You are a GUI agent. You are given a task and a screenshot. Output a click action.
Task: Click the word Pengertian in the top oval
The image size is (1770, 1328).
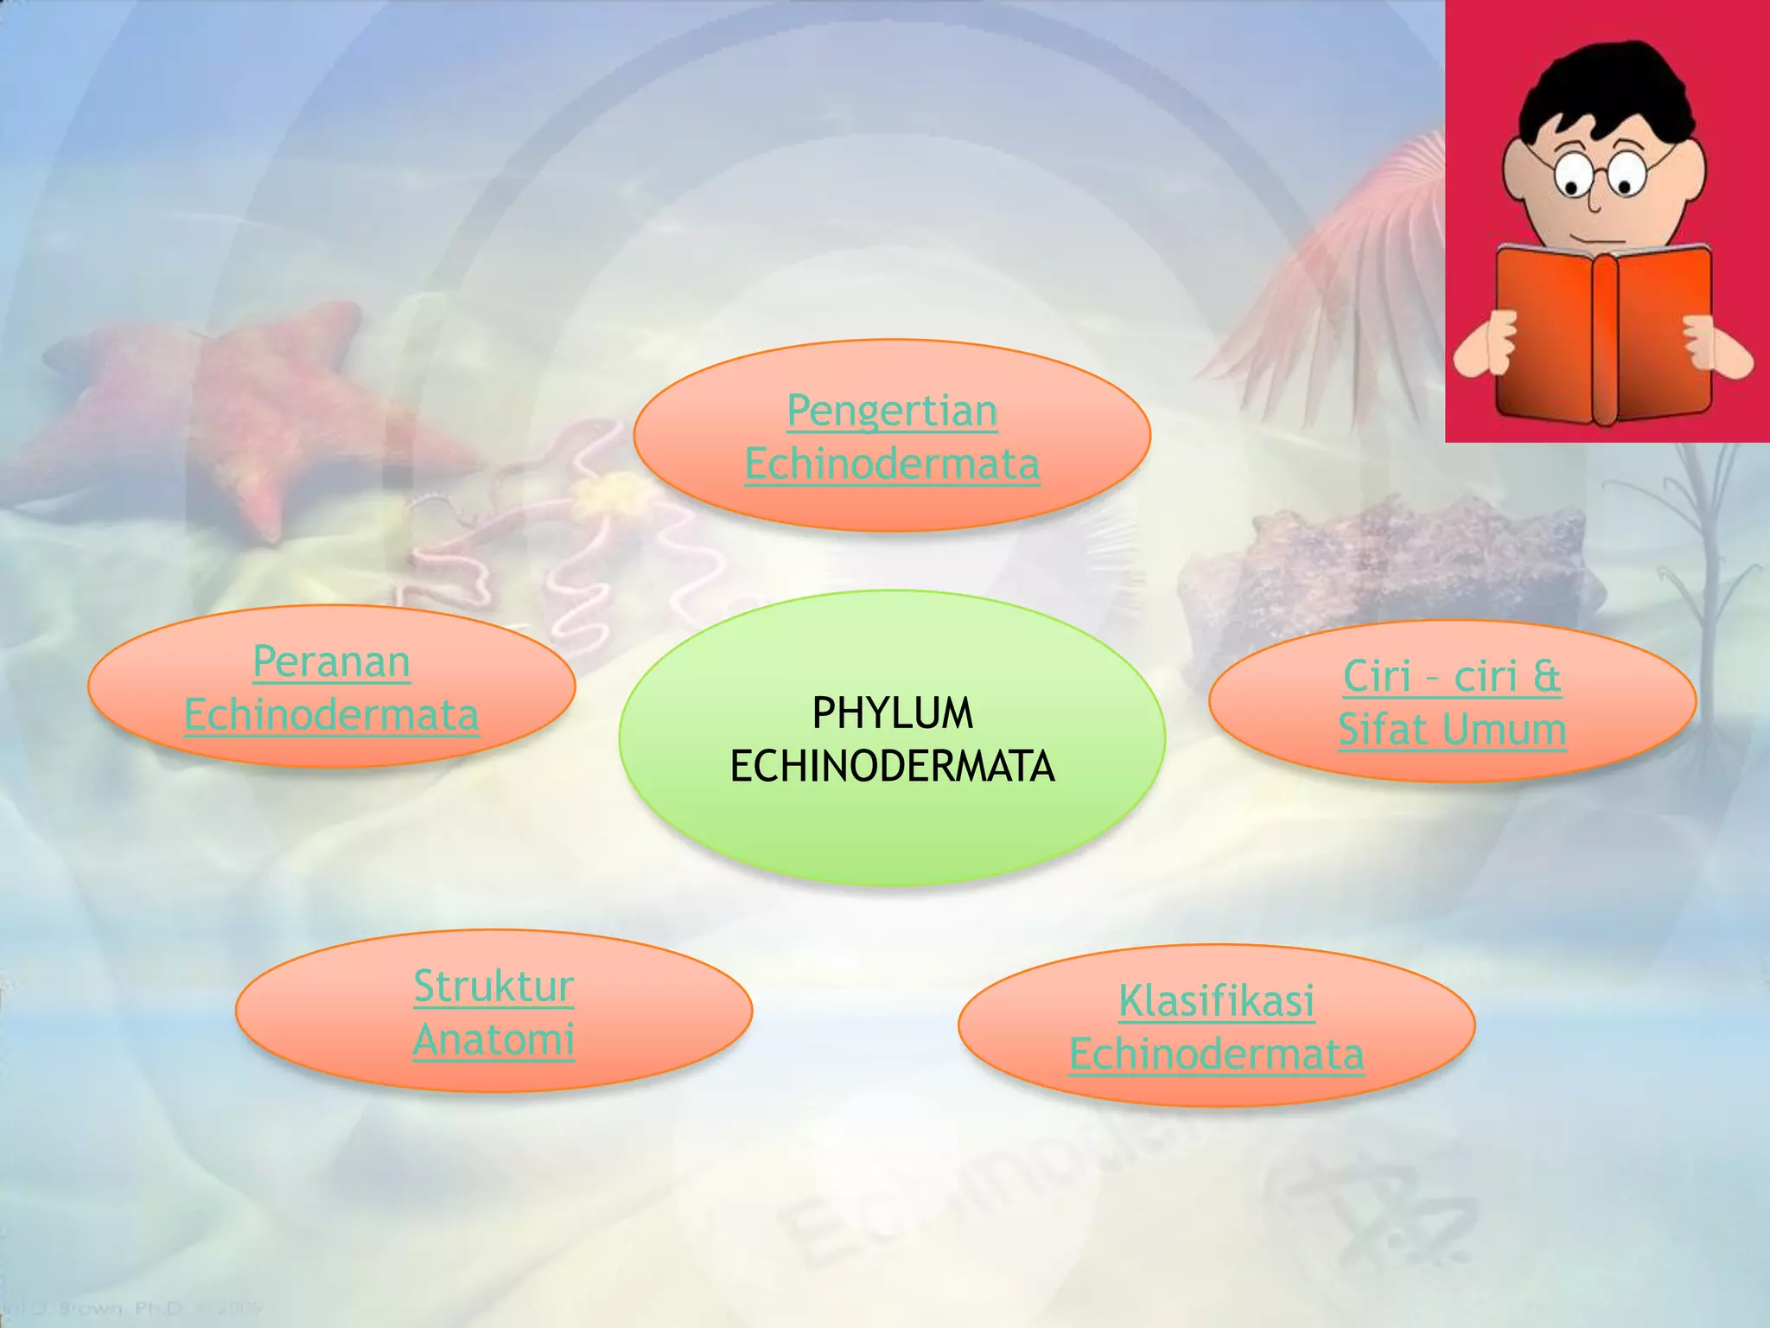(892, 411)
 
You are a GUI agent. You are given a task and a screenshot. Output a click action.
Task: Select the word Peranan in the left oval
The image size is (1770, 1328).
(331, 662)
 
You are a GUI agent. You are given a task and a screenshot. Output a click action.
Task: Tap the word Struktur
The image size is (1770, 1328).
(493, 986)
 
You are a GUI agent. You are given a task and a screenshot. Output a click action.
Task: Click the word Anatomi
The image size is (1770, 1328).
(493, 1040)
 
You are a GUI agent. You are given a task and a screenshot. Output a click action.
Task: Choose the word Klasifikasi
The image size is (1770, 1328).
(1216, 1001)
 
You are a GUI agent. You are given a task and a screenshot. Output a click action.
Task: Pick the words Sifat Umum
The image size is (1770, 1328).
(1452, 730)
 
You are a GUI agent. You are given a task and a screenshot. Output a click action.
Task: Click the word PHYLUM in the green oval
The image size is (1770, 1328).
(892, 713)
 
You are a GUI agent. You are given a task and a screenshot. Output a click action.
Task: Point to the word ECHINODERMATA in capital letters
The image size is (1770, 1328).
(892, 767)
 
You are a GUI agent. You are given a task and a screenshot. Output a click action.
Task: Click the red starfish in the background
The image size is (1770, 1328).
(233, 406)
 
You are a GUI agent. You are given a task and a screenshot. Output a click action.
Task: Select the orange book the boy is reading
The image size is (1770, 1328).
(1603, 337)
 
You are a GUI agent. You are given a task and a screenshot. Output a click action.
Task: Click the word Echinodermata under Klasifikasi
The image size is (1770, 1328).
(1216, 1055)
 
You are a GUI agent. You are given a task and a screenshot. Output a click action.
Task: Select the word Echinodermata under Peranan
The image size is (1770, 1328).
(331, 716)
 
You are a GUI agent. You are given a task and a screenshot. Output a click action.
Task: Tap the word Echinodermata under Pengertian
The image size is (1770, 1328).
(892, 464)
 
